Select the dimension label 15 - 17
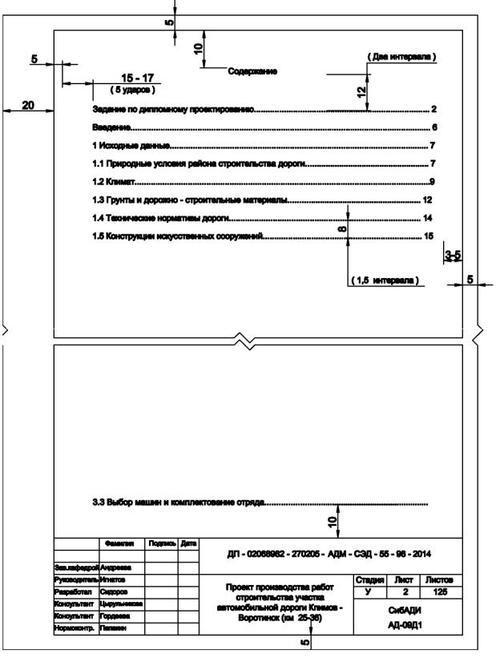136,77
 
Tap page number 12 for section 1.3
428,200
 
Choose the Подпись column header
160,543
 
